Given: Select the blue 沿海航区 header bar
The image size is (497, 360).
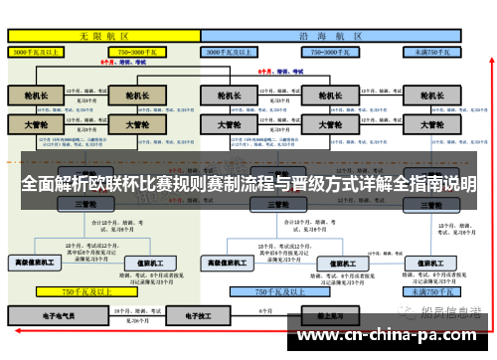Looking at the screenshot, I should [x=333, y=34].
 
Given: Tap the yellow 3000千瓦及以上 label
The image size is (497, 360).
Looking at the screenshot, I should [x=40, y=50].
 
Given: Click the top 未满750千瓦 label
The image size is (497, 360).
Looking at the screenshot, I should [x=431, y=50].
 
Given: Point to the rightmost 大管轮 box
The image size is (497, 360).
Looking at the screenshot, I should [x=431, y=125].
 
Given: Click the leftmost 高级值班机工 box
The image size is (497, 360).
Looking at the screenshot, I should [x=33, y=263].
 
